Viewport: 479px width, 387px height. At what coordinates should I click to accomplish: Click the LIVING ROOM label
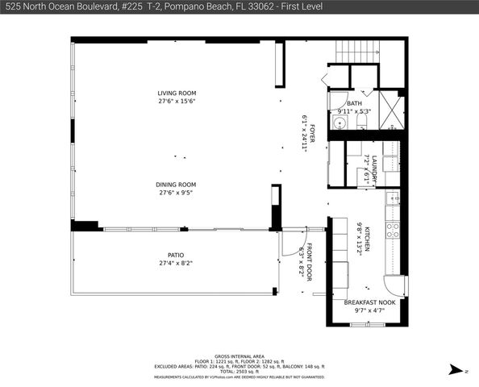(177, 94)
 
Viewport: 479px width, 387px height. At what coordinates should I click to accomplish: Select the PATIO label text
(176, 255)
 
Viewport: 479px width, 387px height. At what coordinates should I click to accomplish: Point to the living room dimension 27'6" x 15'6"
(177, 102)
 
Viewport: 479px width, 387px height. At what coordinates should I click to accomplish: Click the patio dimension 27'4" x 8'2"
(176, 263)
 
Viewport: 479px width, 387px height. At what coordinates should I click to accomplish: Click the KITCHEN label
(367, 239)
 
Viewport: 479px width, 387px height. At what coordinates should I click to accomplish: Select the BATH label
(354, 103)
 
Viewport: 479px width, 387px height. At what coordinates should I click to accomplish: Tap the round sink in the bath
(339, 123)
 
